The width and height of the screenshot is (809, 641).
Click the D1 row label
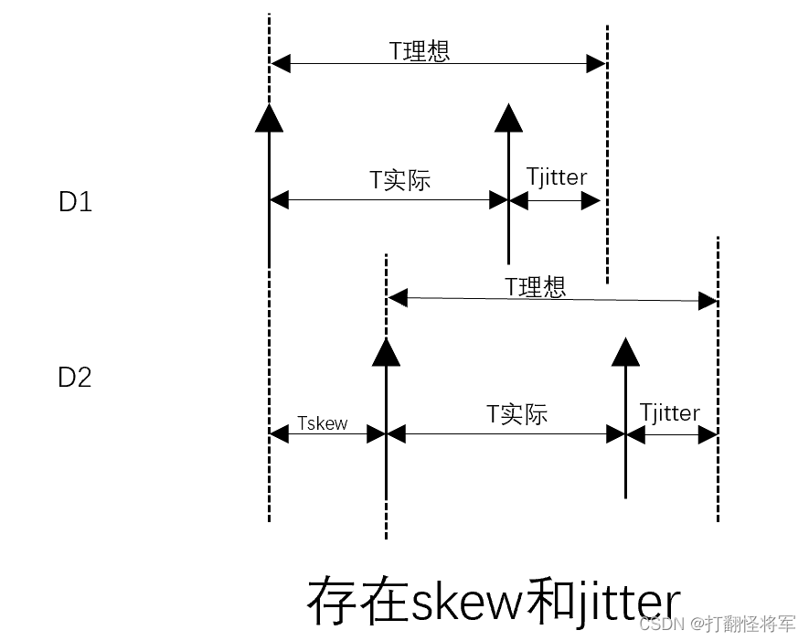[x=75, y=201]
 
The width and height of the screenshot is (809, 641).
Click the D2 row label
[x=75, y=377]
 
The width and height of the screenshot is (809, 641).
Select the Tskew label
[x=323, y=422]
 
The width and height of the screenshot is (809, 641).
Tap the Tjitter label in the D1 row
[x=557, y=176]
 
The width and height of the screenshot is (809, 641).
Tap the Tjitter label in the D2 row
[x=670, y=412]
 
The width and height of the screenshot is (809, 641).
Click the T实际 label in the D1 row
[x=399, y=179]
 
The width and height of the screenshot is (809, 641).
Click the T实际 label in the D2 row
[x=516, y=413]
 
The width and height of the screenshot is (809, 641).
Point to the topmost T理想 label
[x=420, y=50]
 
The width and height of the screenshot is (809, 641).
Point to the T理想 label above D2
[x=536, y=286]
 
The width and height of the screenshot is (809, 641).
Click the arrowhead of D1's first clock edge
[x=270, y=117]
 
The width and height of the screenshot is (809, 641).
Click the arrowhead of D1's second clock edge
[x=508, y=118]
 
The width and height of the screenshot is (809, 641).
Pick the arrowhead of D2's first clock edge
[x=387, y=351]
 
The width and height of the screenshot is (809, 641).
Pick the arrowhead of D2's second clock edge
[x=625, y=351]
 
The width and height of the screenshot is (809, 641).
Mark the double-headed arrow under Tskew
[x=328, y=434]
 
